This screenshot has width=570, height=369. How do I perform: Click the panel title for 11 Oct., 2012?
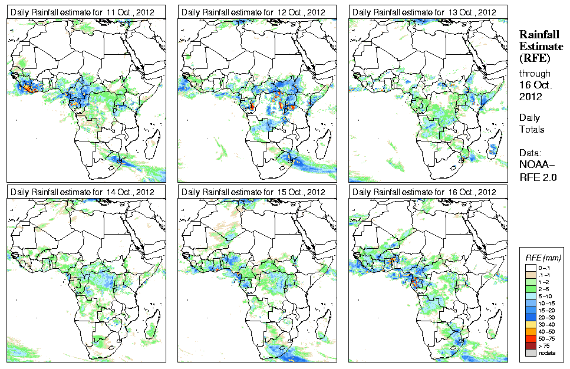pos(83,12)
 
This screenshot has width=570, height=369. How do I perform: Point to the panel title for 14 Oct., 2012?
pos(83,192)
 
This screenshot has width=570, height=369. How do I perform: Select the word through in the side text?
pos(535,74)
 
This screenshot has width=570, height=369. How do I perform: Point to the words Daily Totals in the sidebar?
pos(532,123)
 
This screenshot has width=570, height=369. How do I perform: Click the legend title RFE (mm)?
pos(543,258)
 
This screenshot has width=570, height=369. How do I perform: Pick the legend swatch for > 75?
pos(531,345)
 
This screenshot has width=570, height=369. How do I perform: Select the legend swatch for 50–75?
pos(531,339)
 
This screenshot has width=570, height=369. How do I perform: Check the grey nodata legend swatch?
pos(531,352)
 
